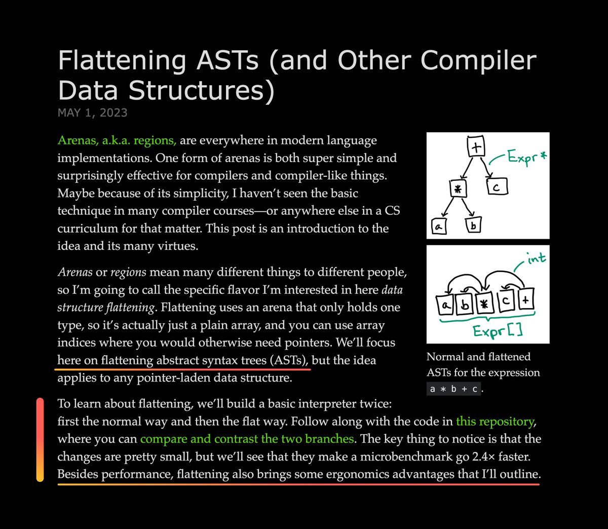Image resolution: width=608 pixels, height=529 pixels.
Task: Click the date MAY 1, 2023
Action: (x=92, y=112)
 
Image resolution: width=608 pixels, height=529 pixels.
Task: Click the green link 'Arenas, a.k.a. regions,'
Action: (x=117, y=140)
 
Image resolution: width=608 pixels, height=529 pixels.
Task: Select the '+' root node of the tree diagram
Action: (x=476, y=147)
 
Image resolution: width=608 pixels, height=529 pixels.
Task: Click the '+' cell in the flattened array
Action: (x=525, y=301)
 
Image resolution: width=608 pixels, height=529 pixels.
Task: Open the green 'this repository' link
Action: (x=495, y=421)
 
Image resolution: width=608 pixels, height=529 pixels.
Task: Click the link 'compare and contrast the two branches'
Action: (x=247, y=439)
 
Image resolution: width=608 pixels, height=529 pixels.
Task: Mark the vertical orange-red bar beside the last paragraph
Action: (x=40, y=439)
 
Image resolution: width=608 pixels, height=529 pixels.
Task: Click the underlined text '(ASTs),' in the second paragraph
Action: (x=289, y=360)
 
